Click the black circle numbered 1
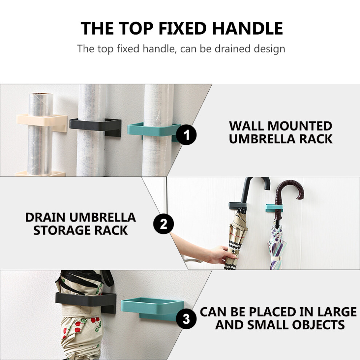186,135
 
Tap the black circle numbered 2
164,224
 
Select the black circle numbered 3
186,319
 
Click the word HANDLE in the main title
248,28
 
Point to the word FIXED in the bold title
183,28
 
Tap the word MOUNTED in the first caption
300,126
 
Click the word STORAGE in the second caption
62,230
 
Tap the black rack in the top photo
95,125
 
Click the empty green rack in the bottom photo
152,308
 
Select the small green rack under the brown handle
274,208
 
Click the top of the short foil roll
41,95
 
